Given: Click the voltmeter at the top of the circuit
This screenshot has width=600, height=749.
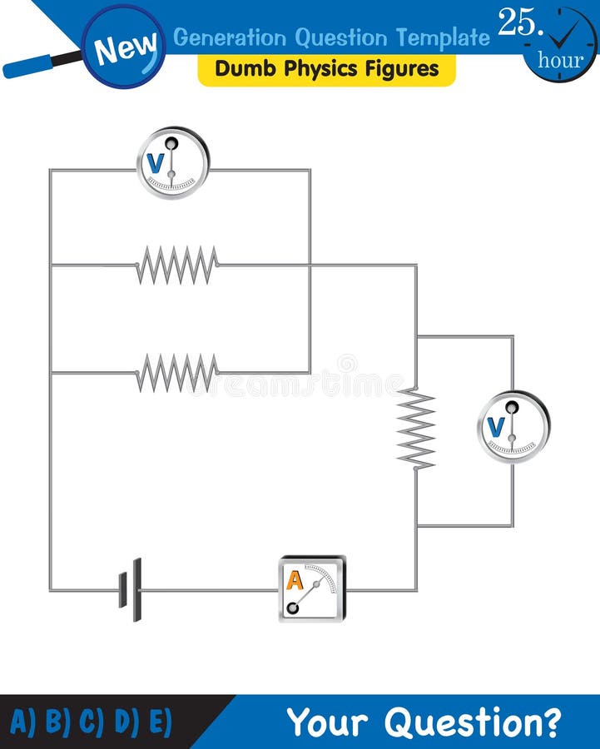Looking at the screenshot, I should (173, 163).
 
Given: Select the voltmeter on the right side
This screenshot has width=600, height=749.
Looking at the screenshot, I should (513, 427).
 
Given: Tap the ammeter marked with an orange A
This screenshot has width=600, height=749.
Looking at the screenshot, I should (311, 589).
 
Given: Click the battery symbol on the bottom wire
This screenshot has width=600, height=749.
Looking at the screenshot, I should (130, 589).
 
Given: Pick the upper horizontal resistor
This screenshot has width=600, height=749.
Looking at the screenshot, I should (177, 265).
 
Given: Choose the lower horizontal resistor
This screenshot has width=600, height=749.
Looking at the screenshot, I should (177, 372).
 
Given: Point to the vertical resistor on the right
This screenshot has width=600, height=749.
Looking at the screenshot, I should (416, 429).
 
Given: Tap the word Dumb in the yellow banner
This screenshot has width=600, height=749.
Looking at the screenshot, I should (241, 69).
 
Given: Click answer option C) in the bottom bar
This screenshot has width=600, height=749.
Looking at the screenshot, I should (91, 722).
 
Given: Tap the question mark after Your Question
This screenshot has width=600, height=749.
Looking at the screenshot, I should (550, 722).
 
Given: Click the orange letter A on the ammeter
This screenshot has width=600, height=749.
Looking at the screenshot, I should (295, 579).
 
